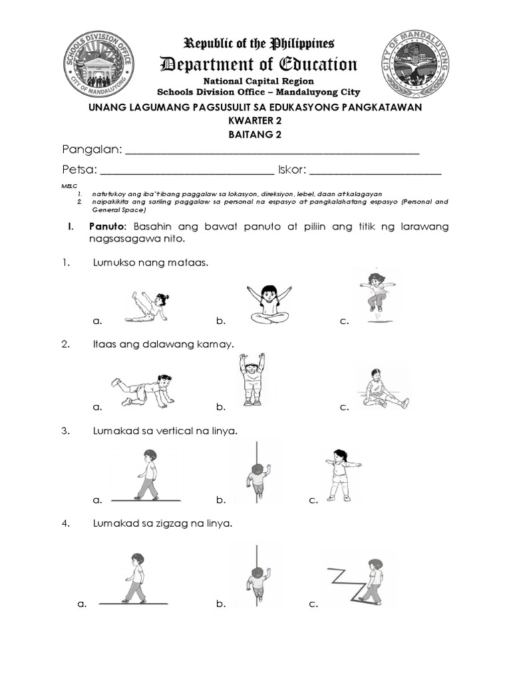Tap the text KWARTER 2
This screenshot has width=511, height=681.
(255, 121)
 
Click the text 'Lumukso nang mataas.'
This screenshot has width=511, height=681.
(150, 263)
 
